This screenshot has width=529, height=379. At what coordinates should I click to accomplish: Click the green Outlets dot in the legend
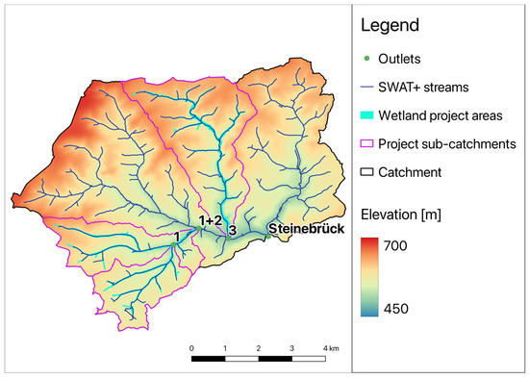[x=367, y=59]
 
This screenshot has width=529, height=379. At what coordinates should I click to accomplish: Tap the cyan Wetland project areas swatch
[x=367, y=115]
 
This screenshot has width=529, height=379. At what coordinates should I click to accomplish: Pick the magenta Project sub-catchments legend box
[x=367, y=144]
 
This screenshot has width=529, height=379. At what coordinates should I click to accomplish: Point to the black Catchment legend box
[x=367, y=172]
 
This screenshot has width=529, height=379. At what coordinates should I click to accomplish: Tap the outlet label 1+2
[x=210, y=220]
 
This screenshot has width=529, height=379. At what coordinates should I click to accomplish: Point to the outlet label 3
[x=232, y=230]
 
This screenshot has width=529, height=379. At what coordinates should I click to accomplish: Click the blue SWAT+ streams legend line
[x=367, y=87]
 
